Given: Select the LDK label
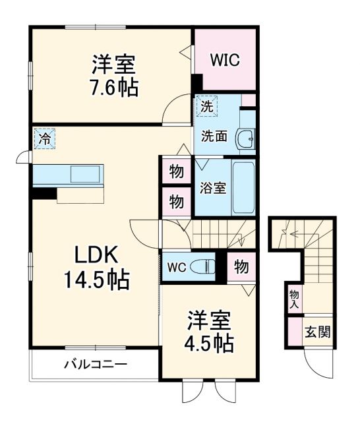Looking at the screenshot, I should (x=95, y=255).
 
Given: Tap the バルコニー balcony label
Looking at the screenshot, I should (x=95, y=364).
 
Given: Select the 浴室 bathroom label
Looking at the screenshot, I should (x=212, y=187).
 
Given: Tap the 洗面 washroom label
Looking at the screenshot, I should (x=214, y=136).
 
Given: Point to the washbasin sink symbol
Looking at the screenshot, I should (x=247, y=138).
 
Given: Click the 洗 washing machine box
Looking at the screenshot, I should (x=206, y=105).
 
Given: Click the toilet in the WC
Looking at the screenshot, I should (x=206, y=268).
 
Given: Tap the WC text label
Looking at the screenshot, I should (x=176, y=268).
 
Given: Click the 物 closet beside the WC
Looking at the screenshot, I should (x=241, y=267).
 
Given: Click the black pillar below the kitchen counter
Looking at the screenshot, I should (x=44, y=193).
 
